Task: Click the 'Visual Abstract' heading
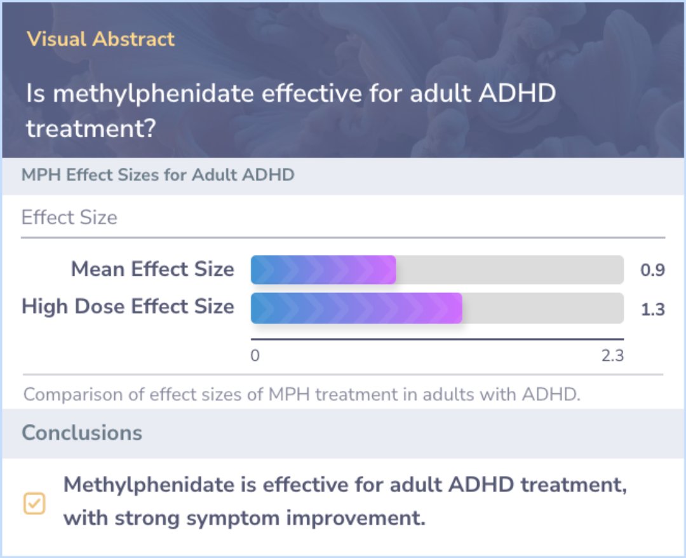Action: [100, 39]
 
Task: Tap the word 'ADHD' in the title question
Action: [517, 93]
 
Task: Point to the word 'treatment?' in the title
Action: [91, 128]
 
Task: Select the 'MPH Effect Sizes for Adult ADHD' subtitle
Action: [158, 175]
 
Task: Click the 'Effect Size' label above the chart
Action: [70, 217]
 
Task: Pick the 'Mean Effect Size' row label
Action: [152, 269]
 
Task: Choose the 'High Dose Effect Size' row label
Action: [128, 306]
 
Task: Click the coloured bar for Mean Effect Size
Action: [323, 269]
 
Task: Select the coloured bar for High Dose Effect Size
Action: [356, 308]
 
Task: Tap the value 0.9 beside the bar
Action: [653, 270]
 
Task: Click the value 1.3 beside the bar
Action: [653, 310]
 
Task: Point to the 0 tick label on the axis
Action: [255, 355]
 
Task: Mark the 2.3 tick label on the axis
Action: [612, 355]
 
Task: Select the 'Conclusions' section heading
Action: [82, 433]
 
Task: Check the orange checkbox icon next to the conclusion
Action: [34, 503]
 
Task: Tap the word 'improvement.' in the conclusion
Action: [356, 519]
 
